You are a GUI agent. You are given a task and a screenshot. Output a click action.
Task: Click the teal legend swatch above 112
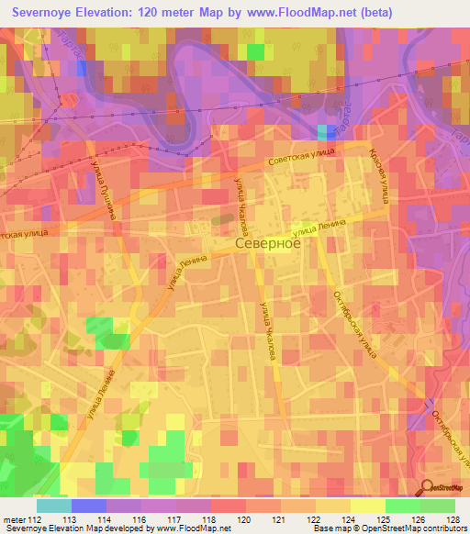pos(53,506)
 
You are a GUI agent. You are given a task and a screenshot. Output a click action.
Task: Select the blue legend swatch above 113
pos(88,506)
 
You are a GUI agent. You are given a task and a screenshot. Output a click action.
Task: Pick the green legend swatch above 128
pos(438,506)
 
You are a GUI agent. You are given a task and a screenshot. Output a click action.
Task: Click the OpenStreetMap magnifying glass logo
pos(427,487)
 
